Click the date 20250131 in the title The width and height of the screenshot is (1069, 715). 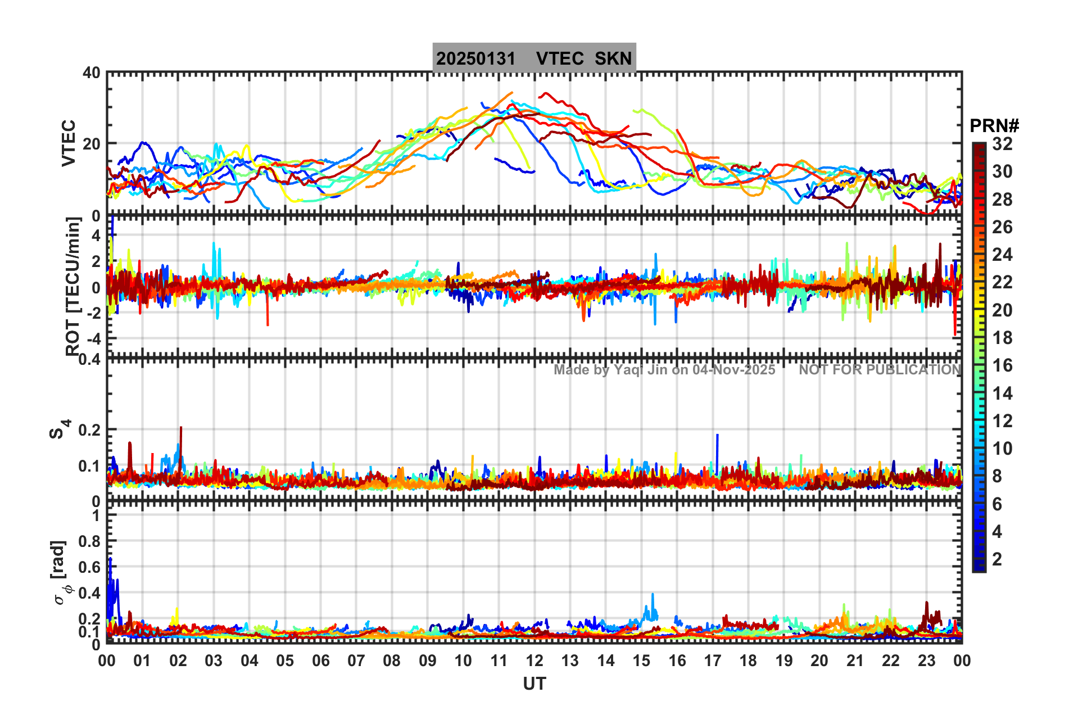point(475,58)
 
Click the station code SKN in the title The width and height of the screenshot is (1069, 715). point(613,58)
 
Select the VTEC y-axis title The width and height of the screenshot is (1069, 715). point(69,143)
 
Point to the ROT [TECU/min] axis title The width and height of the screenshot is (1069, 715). point(73,287)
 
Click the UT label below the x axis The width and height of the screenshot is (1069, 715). point(534,684)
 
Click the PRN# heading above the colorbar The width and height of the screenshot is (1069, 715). point(994,126)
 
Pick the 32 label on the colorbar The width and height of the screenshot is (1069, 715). point(1002,144)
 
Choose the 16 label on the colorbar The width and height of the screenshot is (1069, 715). point(1002,366)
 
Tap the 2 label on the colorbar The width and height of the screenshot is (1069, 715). point(997,559)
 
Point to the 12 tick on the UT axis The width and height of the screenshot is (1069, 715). point(534,660)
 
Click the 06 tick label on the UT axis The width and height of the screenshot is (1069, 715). point(320,660)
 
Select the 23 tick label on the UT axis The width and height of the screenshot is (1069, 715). point(926,660)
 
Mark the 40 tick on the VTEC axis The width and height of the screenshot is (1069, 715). point(92,73)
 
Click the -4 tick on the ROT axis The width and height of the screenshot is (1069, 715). point(93,339)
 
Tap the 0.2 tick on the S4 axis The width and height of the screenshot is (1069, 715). point(89,430)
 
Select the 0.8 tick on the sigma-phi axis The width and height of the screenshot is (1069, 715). point(89,541)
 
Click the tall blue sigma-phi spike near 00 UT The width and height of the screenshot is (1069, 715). point(110,562)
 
